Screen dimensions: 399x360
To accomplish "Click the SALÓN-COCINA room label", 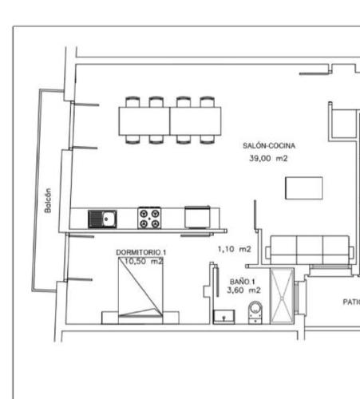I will [270, 147].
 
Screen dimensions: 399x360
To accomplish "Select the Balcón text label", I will [49, 200].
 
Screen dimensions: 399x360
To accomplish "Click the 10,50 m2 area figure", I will [143, 261].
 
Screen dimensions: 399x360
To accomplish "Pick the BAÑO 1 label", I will [241, 282].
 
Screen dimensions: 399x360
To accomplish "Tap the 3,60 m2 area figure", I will [243, 291].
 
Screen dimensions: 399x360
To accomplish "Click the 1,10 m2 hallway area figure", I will [235, 250].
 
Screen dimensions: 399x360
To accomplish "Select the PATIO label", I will [350, 302].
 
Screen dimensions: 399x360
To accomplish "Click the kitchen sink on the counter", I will [102, 218].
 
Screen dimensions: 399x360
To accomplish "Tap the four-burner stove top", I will [149, 218].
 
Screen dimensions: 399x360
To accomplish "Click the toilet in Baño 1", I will [255, 312].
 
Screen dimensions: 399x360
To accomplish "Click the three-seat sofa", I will [311, 249].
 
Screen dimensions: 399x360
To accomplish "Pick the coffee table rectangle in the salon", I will [305, 188].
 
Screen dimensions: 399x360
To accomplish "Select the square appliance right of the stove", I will [198, 217].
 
